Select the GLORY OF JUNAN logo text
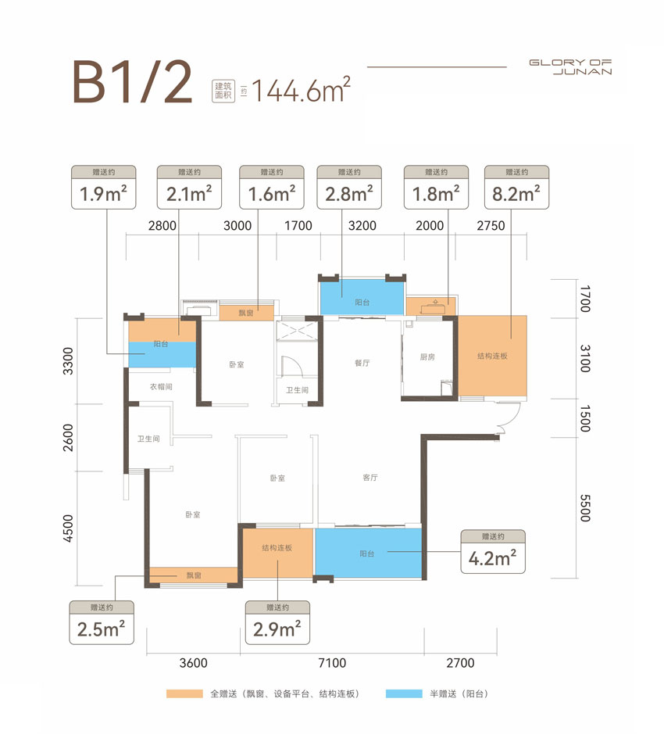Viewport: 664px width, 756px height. [570, 67]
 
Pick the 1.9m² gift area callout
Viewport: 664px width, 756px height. [104, 188]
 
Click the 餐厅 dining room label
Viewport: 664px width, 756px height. [362, 363]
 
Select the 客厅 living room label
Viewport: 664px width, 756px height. [370, 478]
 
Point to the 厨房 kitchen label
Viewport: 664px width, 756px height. [427, 358]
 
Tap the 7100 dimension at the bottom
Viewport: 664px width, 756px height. [332, 664]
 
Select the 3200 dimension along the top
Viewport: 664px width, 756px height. [362, 226]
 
